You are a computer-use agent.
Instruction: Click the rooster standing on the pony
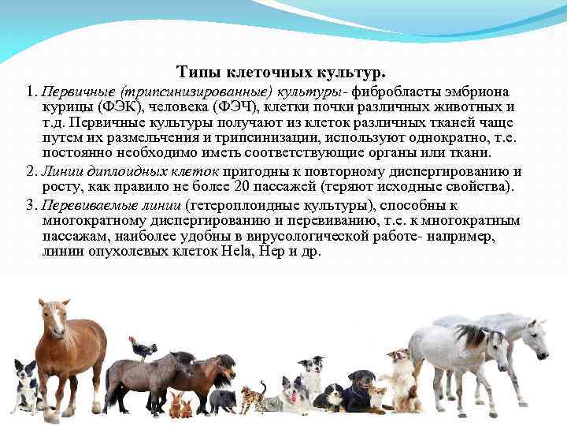tap(143, 347)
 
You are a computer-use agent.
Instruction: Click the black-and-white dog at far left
tap(26, 387)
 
